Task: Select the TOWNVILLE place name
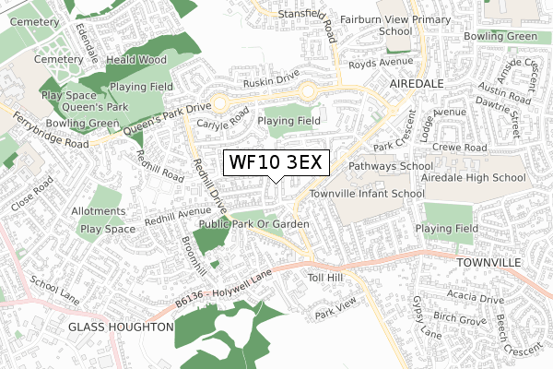(488, 263)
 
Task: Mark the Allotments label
(104, 211)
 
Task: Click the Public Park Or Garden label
(253, 224)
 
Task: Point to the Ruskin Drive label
(275, 82)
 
